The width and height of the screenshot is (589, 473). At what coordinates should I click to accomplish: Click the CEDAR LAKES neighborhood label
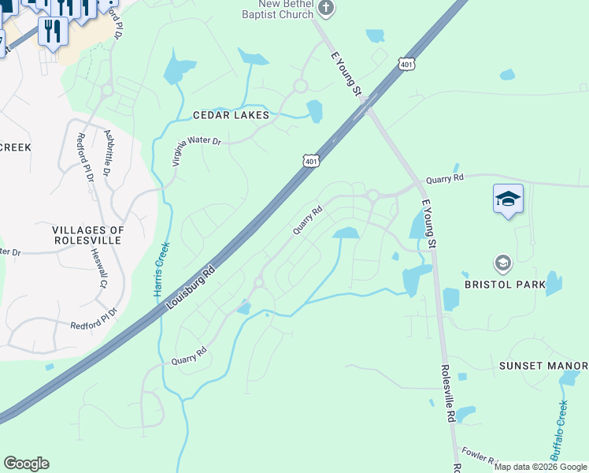[231, 115]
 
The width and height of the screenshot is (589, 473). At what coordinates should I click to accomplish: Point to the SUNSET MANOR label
[543, 367]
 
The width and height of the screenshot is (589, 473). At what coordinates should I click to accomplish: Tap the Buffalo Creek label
[558, 430]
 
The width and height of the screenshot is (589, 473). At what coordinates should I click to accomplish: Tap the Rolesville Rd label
[449, 393]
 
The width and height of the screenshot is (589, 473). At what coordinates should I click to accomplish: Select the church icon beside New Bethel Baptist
[327, 9]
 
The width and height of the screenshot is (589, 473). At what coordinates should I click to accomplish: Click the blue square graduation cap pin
[508, 199]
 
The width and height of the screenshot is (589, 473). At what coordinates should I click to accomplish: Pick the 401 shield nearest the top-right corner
[406, 64]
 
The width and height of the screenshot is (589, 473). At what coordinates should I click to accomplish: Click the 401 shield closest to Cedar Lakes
[311, 161]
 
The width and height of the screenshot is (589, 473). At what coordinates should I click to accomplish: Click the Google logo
[26, 464]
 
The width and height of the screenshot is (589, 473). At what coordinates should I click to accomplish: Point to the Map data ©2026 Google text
[539, 467]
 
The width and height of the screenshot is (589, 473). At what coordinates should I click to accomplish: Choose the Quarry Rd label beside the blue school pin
[445, 179]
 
